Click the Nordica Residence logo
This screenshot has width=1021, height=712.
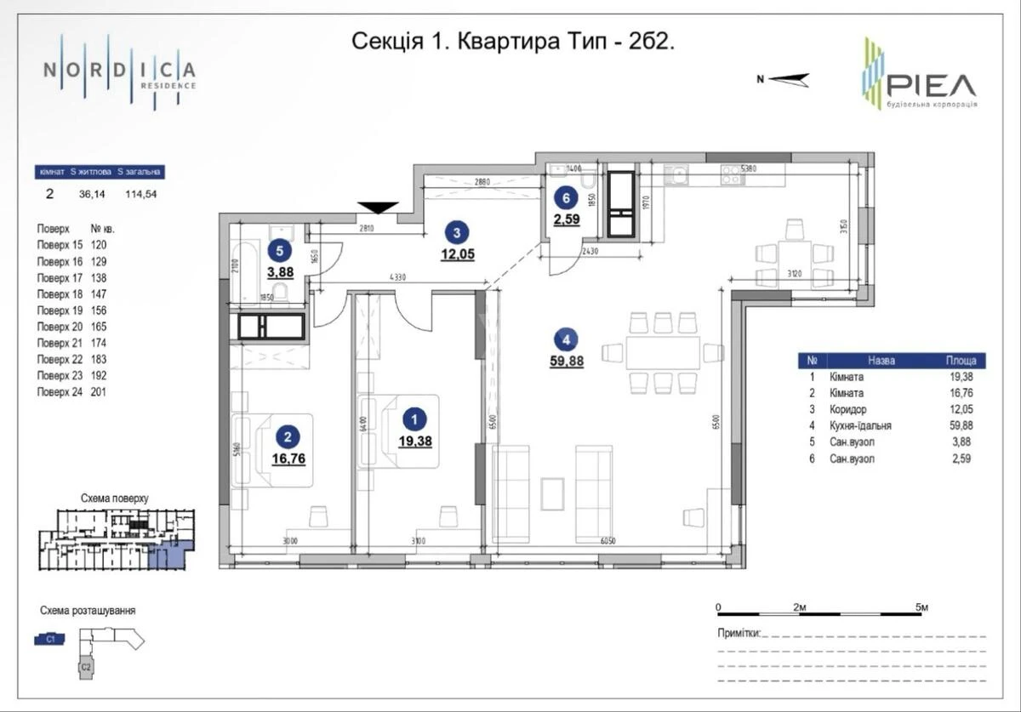pyautogui.click(x=119, y=71)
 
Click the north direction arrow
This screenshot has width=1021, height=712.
pyautogui.click(x=784, y=80)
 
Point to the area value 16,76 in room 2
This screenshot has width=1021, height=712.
pyautogui.click(x=288, y=459)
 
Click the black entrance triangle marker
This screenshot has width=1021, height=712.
pyautogui.click(x=378, y=208)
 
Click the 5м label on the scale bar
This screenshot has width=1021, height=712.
pyautogui.click(x=921, y=607)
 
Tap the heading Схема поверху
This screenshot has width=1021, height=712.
pyautogui.click(x=114, y=498)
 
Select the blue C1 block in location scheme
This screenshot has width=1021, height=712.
pyautogui.click(x=50, y=640)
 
